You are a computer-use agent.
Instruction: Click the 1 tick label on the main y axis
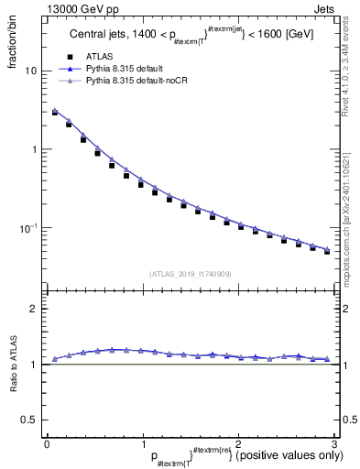click(x=34, y=148)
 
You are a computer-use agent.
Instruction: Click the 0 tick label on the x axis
click(x=47, y=442)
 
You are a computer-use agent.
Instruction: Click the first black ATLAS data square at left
click(x=55, y=113)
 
